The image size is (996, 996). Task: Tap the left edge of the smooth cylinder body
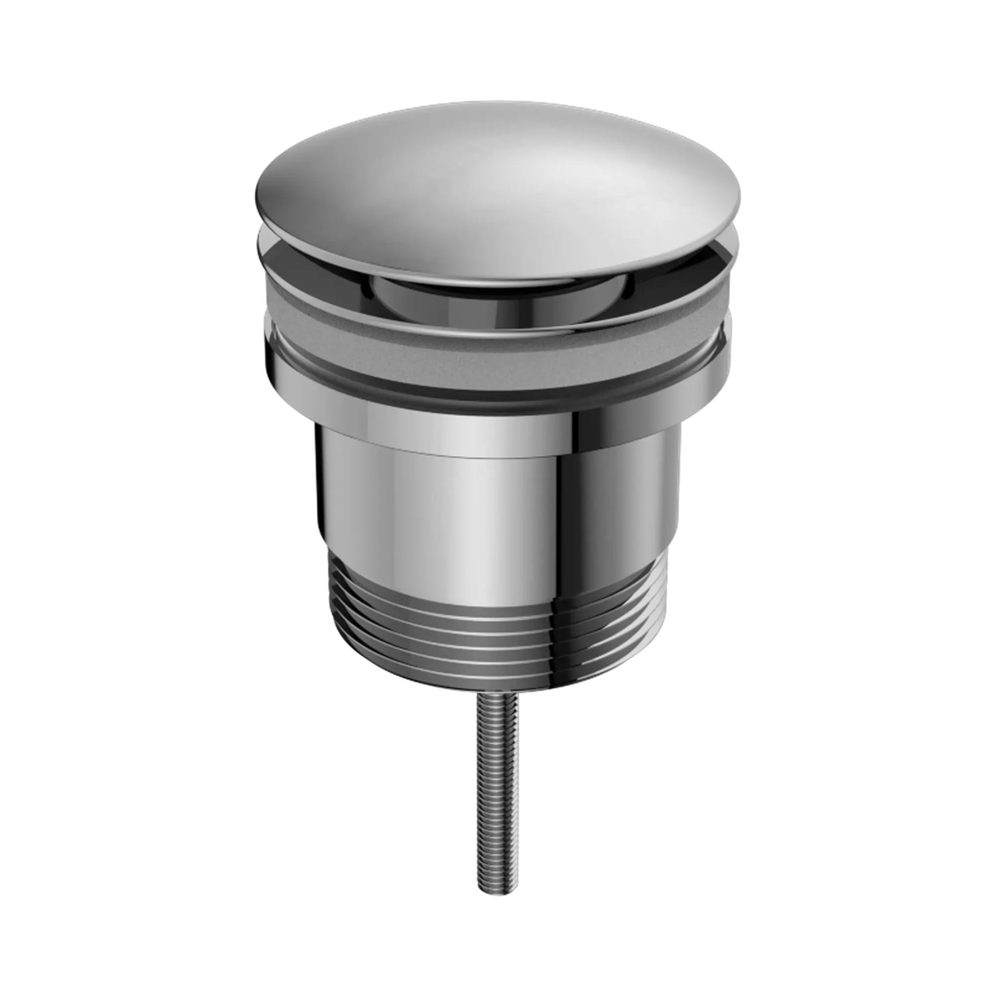[x=325, y=490]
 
